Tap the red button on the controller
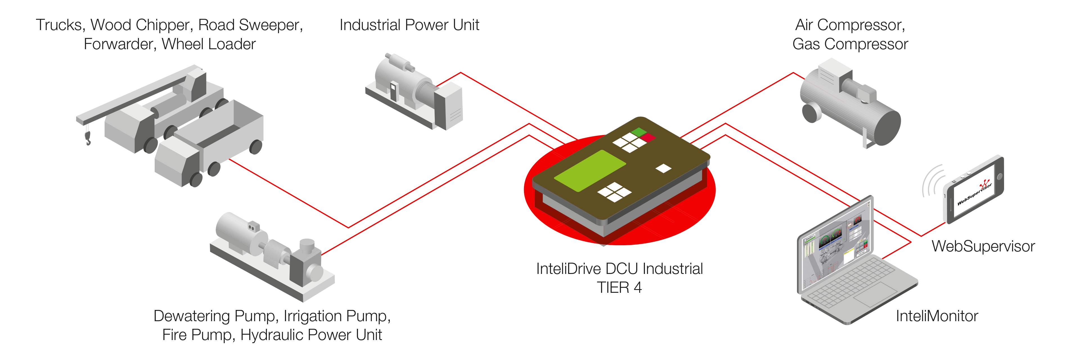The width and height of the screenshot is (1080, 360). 649,138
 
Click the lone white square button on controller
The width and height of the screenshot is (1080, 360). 663,168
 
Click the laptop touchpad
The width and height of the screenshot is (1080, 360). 878,293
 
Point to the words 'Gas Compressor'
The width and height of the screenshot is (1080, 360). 850,44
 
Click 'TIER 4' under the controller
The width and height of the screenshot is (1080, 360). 619,287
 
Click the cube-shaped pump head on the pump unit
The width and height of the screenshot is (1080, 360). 306,264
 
